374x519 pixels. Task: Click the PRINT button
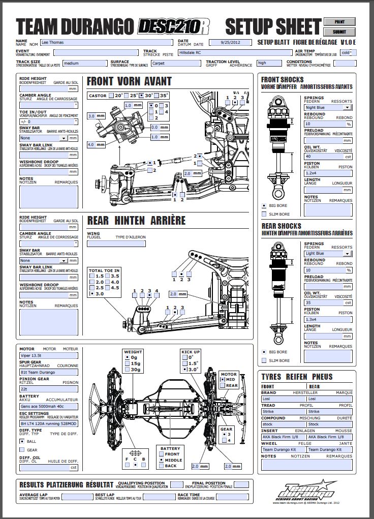339,22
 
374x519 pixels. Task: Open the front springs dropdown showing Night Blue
328,107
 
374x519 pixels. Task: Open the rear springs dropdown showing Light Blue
328,253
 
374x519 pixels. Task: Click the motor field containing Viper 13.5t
49,356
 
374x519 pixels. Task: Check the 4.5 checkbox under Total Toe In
107,288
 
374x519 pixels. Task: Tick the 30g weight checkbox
127,370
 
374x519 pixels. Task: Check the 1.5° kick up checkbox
184,363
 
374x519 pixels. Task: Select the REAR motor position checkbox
222,385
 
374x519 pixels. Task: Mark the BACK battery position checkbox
161,466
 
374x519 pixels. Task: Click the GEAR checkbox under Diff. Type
22,450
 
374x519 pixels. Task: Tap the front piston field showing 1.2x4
328,173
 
